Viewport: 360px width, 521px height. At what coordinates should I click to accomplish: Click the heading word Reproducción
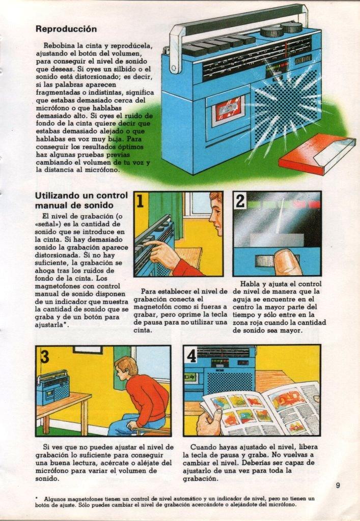66,29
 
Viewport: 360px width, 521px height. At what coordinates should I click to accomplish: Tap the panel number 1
141,200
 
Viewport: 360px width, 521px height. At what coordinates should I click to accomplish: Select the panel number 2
240,200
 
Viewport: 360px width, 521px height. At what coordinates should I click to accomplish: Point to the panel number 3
45,356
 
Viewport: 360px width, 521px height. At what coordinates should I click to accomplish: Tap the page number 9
338,485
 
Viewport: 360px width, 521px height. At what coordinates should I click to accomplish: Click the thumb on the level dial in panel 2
285,260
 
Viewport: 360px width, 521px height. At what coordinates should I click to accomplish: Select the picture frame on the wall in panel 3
88,349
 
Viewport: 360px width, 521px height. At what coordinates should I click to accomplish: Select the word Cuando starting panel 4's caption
203,447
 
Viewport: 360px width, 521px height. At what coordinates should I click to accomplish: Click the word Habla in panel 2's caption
250,284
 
